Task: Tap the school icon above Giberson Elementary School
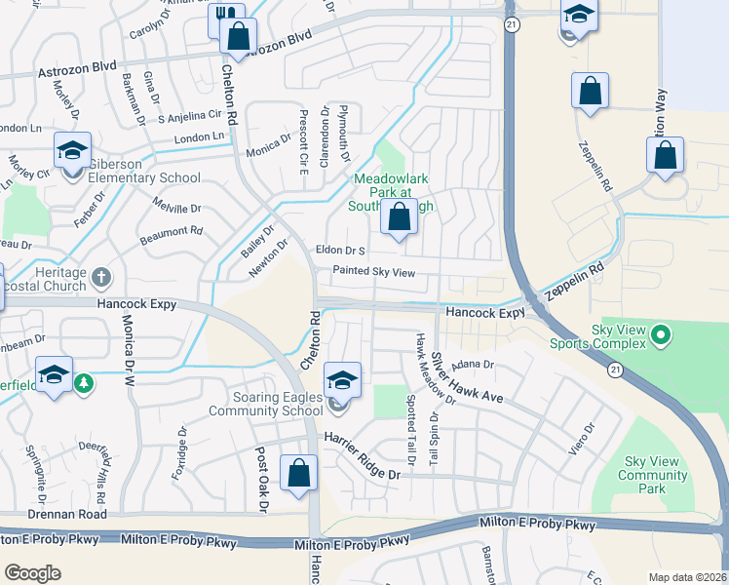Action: point(72,151)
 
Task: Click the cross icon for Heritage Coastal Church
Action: point(100,277)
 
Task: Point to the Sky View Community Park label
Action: point(656,475)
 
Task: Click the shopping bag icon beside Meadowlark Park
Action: point(400,218)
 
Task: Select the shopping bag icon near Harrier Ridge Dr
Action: point(298,474)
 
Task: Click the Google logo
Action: point(33,572)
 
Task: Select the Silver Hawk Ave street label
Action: point(468,379)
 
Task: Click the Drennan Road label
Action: point(53,514)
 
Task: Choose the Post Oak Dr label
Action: point(261,480)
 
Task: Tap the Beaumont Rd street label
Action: point(170,233)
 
